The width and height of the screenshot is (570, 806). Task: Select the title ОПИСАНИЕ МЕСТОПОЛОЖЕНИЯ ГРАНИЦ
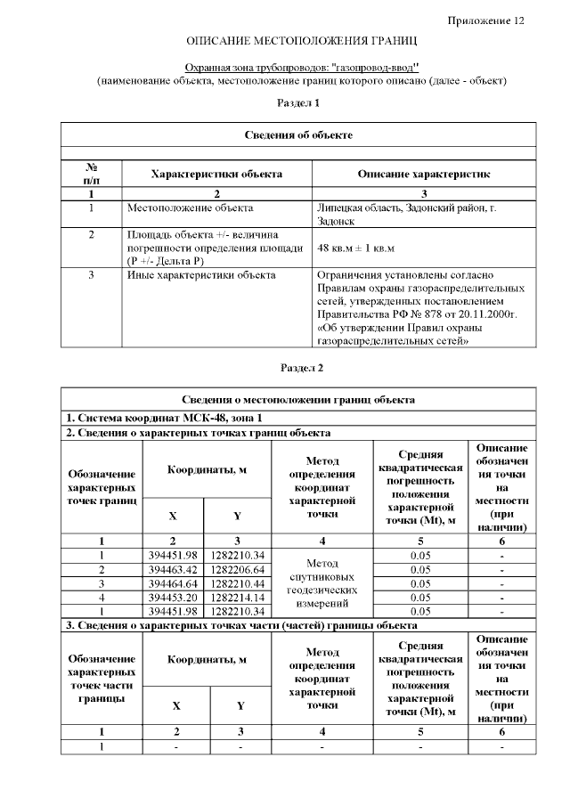[302, 42]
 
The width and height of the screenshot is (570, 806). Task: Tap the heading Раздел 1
[298, 103]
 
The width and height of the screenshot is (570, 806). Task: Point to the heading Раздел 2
[302, 367]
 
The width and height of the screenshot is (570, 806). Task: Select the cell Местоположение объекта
[190, 208]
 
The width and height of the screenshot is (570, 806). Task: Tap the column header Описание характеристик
[423, 174]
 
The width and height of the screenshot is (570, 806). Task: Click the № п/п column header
[91, 174]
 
